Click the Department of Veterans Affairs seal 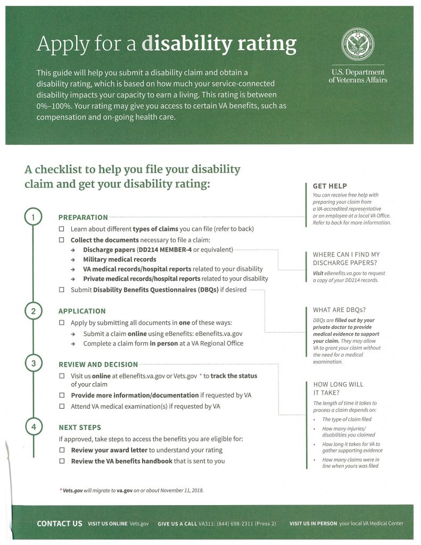(x=358, y=45)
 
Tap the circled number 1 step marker (x=33, y=217)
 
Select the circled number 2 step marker (x=33, y=311)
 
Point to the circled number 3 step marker (x=33, y=364)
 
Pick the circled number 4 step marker (x=33, y=427)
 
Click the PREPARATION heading (x=82, y=217)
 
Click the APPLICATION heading (x=82, y=311)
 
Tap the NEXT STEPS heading (x=79, y=427)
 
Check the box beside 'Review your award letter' (x=62, y=450)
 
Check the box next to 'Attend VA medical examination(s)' (x=62, y=407)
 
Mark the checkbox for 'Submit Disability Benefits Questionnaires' (x=62, y=290)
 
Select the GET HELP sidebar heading (x=329, y=186)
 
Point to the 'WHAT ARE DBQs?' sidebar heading (x=339, y=310)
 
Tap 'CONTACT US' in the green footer (x=59, y=524)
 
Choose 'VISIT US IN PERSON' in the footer (x=313, y=524)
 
